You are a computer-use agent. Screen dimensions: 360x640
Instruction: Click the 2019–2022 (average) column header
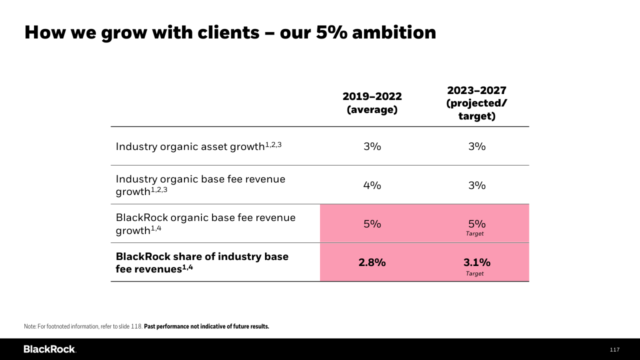point(372,103)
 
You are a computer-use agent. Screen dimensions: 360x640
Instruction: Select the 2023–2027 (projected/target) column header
point(476,103)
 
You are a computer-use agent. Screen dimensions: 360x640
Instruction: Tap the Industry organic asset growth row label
point(198,146)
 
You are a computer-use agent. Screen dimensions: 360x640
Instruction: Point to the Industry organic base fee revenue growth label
point(200,185)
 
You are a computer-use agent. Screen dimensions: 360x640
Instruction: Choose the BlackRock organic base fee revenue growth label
point(205,223)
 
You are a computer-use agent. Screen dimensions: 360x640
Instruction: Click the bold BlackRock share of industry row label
point(202,262)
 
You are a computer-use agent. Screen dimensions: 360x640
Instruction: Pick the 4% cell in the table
point(372,185)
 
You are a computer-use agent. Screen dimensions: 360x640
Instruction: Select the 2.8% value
point(372,262)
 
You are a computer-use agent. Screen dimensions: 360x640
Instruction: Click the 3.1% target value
point(476,262)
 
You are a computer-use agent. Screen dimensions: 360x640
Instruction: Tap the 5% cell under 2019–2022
point(372,224)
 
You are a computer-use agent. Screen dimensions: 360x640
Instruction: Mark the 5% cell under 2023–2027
point(476,224)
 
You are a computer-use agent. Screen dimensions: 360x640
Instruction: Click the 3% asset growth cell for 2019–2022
point(372,146)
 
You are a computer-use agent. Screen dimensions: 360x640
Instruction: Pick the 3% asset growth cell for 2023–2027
point(476,146)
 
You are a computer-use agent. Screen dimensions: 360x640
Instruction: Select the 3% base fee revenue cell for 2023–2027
point(476,185)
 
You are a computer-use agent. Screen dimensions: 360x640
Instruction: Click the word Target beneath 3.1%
point(474,273)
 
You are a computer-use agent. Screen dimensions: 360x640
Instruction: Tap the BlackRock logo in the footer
point(49,349)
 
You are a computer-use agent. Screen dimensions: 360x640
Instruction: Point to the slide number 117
point(614,349)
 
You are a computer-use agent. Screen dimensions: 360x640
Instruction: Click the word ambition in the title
point(394,32)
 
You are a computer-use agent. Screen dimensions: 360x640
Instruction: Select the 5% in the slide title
point(331,32)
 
